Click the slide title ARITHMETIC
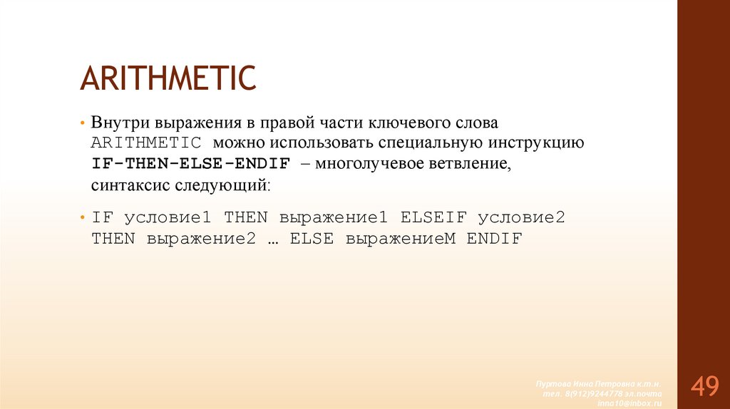pyautogui.click(x=168, y=78)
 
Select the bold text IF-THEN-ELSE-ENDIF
pyautogui.click(x=190, y=163)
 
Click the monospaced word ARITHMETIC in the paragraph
pyautogui.click(x=146, y=142)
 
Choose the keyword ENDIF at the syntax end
pyautogui.click(x=495, y=239)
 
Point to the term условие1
pyautogui.click(x=169, y=217)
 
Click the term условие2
pyautogui.click(x=521, y=217)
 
